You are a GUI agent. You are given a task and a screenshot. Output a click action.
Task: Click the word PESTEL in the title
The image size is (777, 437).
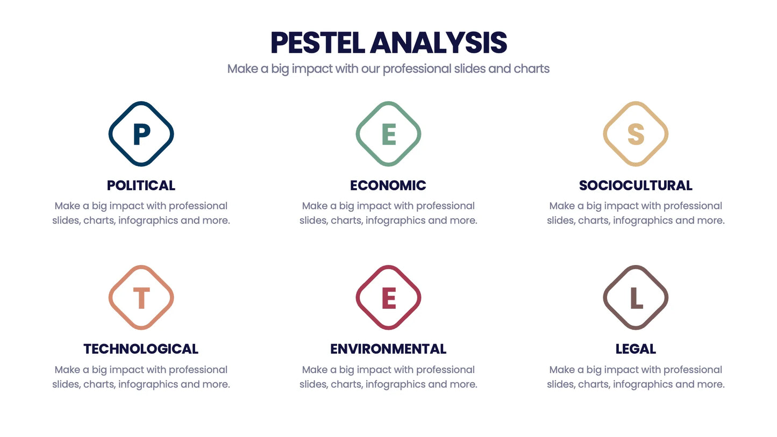click(x=318, y=43)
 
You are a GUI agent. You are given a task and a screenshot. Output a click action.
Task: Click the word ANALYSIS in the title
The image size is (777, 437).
click(x=438, y=43)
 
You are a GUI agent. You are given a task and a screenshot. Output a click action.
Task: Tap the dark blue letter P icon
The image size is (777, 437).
click(x=141, y=134)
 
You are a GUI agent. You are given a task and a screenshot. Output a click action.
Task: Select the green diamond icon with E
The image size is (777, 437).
click(x=388, y=134)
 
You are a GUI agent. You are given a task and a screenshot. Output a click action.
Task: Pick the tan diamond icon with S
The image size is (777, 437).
click(x=636, y=134)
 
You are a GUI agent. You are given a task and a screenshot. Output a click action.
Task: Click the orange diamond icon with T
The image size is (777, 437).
click(x=141, y=297)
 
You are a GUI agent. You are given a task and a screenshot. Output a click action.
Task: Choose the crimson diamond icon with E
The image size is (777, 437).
click(x=388, y=297)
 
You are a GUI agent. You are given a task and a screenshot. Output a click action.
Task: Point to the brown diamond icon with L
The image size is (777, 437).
click(x=636, y=297)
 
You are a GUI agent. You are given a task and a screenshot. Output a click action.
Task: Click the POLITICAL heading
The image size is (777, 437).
click(x=141, y=185)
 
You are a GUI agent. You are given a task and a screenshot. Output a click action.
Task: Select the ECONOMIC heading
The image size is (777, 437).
click(x=388, y=185)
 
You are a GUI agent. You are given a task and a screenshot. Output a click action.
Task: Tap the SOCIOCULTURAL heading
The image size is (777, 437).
click(x=636, y=185)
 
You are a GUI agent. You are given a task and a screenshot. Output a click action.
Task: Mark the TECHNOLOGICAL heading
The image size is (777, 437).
click(x=141, y=349)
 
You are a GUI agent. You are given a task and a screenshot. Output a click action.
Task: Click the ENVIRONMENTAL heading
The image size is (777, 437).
click(x=388, y=349)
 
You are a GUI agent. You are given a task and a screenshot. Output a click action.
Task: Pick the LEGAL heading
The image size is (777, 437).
click(x=636, y=349)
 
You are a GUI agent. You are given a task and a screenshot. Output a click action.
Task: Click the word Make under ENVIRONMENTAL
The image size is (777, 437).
click(x=315, y=370)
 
